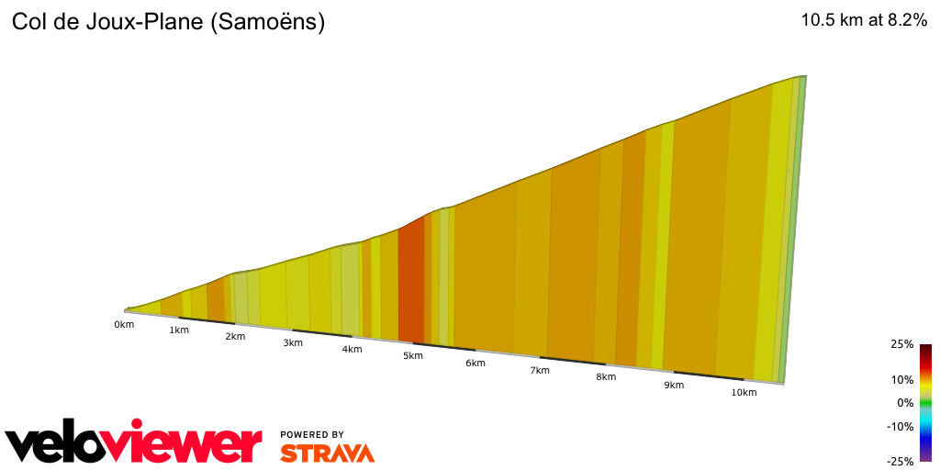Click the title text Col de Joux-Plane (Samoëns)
click(x=168, y=23)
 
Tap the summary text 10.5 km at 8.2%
click(x=864, y=21)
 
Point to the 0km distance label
click(x=124, y=325)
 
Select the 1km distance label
click(x=179, y=330)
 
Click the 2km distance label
click(x=236, y=337)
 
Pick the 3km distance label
click(x=293, y=343)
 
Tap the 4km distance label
click(x=352, y=350)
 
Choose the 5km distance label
click(x=412, y=356)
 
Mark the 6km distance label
click(x=475, y=364)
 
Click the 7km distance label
click(x=539, y=371)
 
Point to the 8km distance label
click(x=605, y=378)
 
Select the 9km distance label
click(x=674, y=386)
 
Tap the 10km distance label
click(x=744, y=393)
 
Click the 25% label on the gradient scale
click(x=901, y=344)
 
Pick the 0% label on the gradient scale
click(x=905, y=403)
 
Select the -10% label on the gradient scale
click(x=901, y=426)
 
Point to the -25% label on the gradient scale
click(x=901, y=462)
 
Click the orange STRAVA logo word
click(x=327, y=453)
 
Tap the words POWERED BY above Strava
click(x=312, y=434)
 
